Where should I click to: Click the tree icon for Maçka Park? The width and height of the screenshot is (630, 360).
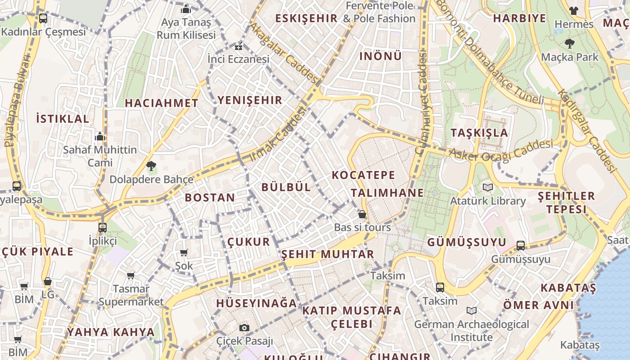[570, 44]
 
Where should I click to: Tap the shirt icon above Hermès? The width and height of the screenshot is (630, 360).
[573, 10]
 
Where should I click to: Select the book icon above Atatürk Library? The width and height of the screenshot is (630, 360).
[487, 187]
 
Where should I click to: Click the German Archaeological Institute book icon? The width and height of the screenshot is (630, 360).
[472, 310]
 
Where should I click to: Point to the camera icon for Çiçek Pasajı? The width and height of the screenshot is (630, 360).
[244, 328]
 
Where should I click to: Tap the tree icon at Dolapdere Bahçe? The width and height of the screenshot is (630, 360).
[151, 166]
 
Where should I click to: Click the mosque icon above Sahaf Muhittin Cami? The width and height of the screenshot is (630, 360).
[99, 136]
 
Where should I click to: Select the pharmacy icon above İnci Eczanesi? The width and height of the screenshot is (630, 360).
[238, 46]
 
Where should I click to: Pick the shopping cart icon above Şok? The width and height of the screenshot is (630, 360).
[184, 252]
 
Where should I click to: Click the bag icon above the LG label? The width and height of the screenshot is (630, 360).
[48, 281]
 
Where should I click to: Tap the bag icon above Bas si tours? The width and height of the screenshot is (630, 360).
[362, 214]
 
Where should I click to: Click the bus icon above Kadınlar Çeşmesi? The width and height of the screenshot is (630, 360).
[43, 18]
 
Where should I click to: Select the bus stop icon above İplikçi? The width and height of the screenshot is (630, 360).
[103, 227]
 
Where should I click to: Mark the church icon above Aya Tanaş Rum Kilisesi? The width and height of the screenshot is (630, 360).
[186, 9]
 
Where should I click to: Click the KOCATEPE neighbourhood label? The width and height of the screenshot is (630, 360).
[363, 175]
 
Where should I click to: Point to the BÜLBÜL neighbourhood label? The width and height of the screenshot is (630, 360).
[286, 187]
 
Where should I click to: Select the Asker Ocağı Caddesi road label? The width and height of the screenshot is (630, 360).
[501, 153]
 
